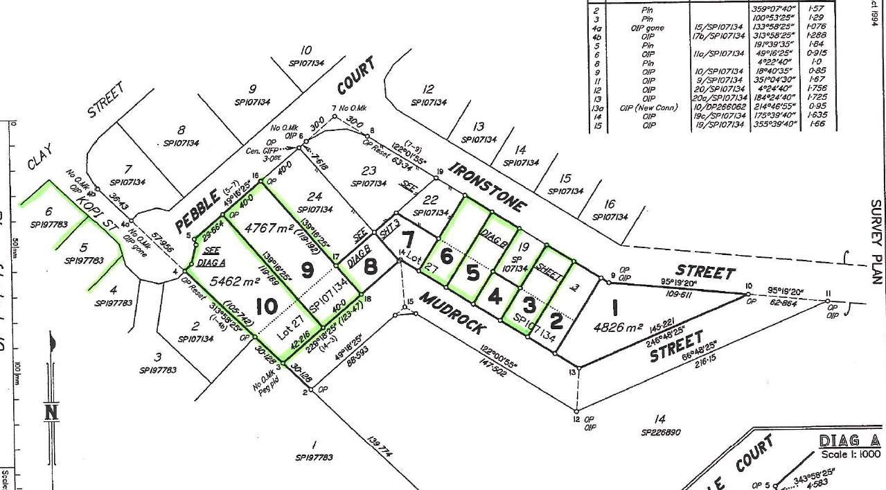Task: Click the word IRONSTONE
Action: [488, 186]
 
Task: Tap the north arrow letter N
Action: [51, 412]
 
